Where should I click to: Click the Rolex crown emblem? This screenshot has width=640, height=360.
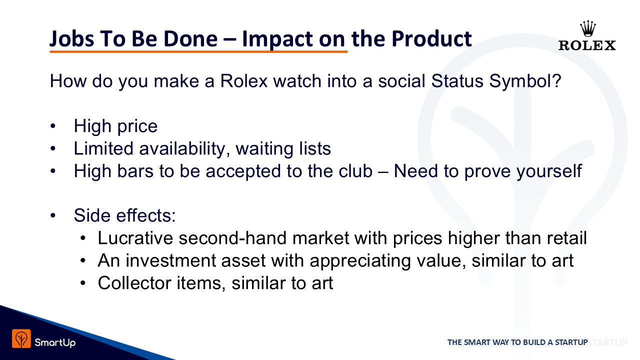coord(587,28)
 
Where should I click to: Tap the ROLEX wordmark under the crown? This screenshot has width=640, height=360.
coord(587,45)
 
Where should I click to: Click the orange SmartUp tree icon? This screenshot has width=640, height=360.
coord(21,338)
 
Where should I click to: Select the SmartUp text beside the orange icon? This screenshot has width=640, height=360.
coord(55,342)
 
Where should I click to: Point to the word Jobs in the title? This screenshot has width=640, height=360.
coord(71,39)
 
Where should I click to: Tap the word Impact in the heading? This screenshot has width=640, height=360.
coord(277,39)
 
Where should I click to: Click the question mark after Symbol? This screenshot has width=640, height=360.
coord(557,81)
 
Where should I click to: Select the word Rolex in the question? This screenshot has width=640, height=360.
coord(243,81)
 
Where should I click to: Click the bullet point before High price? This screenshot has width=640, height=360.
coord(53,126)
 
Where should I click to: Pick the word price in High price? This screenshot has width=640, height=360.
coord(137,126)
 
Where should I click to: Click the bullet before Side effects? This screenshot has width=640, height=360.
coord(53,215)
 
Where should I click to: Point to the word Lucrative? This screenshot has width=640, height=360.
coord(135,238)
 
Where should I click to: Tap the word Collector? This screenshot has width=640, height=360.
coord(134,283)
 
